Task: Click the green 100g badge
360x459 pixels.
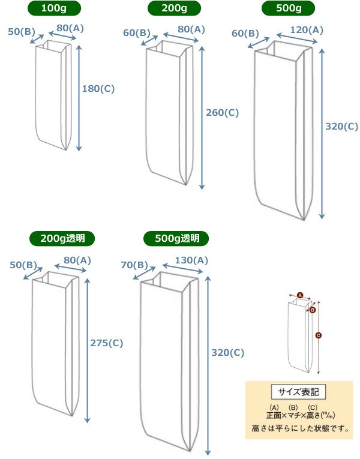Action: click(x=59, y=8)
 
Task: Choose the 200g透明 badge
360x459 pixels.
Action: click(x=62, y=238)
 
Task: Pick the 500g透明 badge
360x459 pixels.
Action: click(x=176, y=238)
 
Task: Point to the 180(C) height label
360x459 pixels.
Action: click(x=98, y=88)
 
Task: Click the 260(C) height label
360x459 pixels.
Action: click(x=222, y=112)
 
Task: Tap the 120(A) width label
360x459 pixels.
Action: click(x=307, y=29)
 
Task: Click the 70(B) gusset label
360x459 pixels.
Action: click(x=133, y=265)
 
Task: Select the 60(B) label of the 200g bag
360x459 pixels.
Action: click(x=137, y=32)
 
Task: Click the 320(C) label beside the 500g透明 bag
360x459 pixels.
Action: click(x=228, y=353)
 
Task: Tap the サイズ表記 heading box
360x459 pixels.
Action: click(x=298, y=392)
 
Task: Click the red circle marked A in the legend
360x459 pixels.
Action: click(x=300, y=295)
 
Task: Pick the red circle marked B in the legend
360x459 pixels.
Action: click(x=313, y=310)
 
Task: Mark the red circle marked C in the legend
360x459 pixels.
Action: click(x=318, y=336)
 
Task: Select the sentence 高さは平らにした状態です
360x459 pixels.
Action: click(x=298, y=429)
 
